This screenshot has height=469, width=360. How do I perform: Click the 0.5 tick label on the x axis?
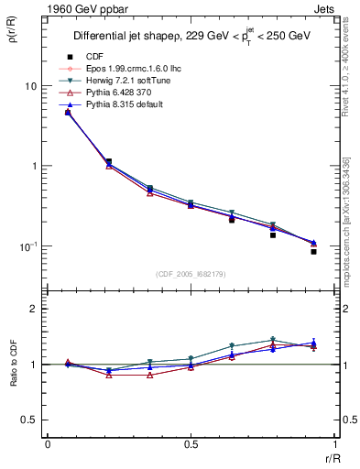pyautogui.click(x=191, y=444)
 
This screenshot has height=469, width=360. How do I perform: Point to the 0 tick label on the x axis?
pyautogui.click(x=48, y=444)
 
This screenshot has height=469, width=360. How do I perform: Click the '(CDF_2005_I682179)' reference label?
pyautogui.click(x=191, y=274)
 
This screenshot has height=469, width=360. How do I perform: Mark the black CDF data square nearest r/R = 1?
pyautogui.click(x=313, y=251)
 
